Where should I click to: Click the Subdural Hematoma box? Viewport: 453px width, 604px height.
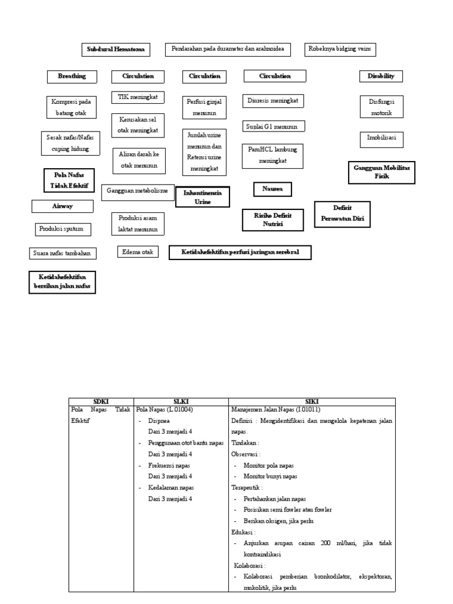click(116, 50)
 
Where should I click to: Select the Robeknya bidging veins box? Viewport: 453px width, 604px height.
click(340, 50)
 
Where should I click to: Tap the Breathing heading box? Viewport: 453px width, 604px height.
click(71, 76)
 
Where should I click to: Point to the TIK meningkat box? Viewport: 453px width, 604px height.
click(138, 96)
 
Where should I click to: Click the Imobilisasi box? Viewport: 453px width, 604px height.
click(382, 139)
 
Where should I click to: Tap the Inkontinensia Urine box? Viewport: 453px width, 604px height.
click(202, 197)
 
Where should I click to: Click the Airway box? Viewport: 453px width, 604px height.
click(63, 206)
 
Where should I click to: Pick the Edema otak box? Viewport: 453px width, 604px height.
click(137, 252)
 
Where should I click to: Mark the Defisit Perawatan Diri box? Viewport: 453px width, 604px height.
click(342, 213)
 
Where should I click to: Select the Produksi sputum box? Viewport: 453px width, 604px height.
click(61, 228)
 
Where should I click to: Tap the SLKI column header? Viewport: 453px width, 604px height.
click(180, 401)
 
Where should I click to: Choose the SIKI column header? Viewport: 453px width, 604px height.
click(311, 401)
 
